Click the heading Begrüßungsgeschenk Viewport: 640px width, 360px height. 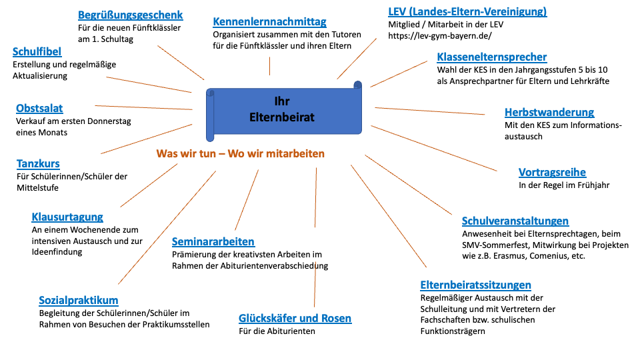pos(130,15)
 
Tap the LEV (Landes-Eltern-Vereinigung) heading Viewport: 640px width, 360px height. pos(467,11)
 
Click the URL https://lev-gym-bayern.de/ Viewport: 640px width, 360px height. pos(439,36)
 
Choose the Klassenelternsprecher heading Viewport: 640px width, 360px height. pos(491,57)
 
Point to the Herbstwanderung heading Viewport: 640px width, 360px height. pos(549,113)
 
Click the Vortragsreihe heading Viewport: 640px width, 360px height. pos(552,173)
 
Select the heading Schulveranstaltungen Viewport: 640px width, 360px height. pos(515,221)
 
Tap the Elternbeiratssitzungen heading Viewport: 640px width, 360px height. pos(475,285)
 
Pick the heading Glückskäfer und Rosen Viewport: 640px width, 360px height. pos(295,319)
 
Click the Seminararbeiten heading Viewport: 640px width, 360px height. pos(213,242)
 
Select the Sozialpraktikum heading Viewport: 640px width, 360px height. pos(78,301)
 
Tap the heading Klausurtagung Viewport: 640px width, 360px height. pos(67,217)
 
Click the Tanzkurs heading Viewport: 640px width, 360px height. pos(38,164)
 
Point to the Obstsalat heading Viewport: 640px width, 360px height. pos(39,109)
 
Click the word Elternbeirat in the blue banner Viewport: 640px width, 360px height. pos(282,117)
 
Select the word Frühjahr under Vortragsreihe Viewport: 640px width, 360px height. pos(593,185)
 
